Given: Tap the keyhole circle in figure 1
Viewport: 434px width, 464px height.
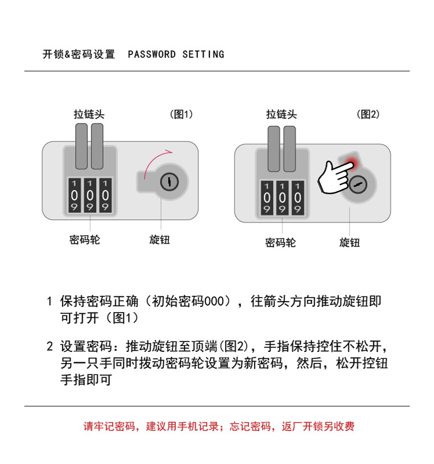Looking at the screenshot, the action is coord(170,181).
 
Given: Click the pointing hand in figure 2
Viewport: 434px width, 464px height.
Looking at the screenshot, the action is coord(336,177).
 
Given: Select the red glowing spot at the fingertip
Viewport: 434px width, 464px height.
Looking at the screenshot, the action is coord(351,163).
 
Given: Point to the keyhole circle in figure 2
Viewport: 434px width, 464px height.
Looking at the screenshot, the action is coord(358,184).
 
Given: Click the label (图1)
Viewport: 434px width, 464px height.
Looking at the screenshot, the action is coord(181,114).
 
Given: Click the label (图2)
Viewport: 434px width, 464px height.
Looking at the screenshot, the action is coord(368,114).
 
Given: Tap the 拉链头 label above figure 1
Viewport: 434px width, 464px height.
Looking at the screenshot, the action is coord(89,114).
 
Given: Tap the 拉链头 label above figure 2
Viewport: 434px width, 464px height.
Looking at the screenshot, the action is coord(281,114).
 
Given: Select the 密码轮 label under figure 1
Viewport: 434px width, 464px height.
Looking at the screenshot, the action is coord(84,240).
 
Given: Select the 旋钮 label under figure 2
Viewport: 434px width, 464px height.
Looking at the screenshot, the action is coord(350,243).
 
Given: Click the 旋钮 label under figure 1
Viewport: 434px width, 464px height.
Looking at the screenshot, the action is coord(160,240).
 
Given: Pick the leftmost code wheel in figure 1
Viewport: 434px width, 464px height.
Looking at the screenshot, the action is coord(74,195).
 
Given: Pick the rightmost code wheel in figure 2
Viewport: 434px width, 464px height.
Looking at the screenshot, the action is coord(298,198).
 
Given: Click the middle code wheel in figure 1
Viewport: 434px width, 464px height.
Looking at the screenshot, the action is coord(90,195).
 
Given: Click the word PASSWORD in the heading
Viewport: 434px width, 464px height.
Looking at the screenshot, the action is coord(152,54).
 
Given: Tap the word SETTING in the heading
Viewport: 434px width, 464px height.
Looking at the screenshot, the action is coord(204,54).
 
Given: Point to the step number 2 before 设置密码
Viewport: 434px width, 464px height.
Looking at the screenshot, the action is coord(50,347).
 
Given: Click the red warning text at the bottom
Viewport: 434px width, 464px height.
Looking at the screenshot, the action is coord(219,426).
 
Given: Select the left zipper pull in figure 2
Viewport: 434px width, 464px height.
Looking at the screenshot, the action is coord(274,149).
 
